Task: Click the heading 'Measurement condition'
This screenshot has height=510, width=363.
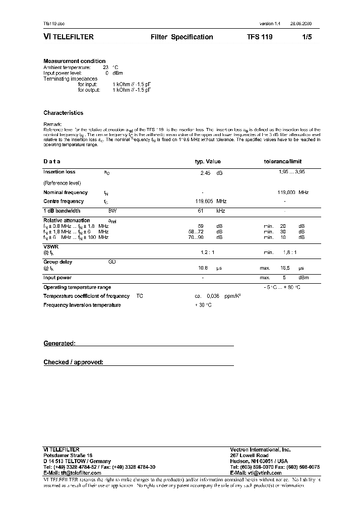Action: coord(74,61)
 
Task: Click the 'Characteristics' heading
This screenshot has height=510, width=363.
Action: coord(63,113)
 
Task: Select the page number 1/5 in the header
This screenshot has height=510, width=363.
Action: coord(307,37)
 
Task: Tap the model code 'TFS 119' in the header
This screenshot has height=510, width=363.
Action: coord(260,37)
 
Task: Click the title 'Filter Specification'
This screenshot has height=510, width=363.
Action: coord(181,37)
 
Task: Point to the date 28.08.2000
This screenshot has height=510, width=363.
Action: coord(301,24)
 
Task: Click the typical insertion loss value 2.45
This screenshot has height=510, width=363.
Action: coord(205,173)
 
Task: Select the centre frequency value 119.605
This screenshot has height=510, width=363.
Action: coord(204,201)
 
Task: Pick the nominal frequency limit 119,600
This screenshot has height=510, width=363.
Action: coord(286,192)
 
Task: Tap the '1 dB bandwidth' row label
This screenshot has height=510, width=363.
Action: coord(62,211)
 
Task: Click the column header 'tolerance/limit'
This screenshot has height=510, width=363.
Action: coord(279,162)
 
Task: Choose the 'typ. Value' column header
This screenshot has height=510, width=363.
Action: coord(208,162)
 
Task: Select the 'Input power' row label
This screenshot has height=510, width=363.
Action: coord(57,278)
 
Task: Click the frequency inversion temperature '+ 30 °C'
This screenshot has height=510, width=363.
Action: coord(203,305)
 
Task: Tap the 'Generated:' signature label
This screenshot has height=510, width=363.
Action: coord(59,343)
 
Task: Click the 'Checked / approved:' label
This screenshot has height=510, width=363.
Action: coord(73,362)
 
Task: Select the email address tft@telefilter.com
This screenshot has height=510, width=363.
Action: coord(71,473)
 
